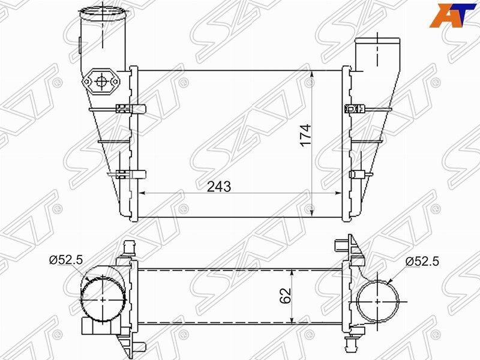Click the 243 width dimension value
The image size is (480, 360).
[x=219, y=187]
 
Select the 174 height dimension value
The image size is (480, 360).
[x=305, y=136]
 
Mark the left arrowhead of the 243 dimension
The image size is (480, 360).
[x=143, y=194]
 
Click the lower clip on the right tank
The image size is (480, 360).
[x=355, y=175]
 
